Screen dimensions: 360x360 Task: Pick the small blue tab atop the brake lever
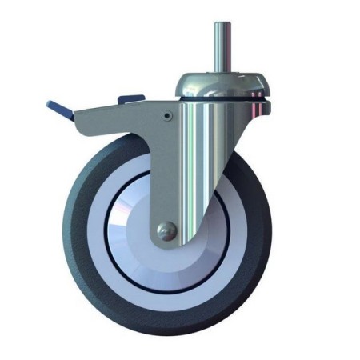pos(126,98)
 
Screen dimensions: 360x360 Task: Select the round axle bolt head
pos(164,230)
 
